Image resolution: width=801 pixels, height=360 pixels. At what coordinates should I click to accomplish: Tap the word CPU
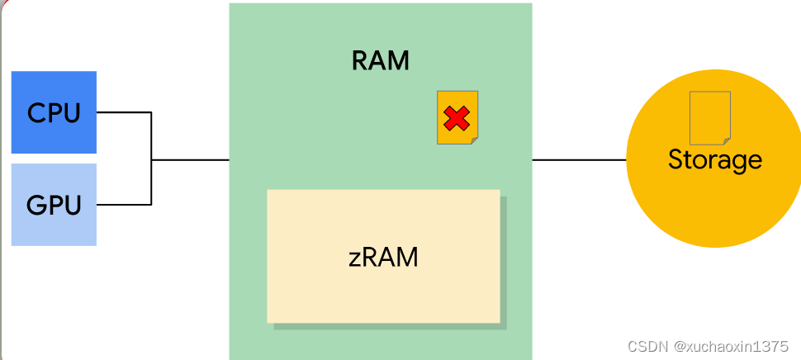[54, 112]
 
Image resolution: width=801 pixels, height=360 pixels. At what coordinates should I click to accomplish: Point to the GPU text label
[54, 204]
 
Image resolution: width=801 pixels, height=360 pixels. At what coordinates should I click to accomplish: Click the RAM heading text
[380, 60]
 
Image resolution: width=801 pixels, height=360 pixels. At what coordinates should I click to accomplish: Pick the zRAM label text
[383, 257]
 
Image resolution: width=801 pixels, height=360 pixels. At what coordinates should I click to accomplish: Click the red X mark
[456, 118]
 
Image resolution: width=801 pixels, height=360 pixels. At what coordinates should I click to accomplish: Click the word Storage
[714, 159]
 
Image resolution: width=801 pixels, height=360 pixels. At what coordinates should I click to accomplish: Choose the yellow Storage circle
[714, 206]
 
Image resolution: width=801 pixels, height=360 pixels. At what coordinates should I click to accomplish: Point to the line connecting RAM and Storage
[578, 159]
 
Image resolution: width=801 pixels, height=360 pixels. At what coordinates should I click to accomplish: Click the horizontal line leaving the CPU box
[124, 112]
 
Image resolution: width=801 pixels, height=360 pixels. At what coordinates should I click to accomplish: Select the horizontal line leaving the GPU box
[124, 204]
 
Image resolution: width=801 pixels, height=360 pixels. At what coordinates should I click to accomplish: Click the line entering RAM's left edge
[190, 159]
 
